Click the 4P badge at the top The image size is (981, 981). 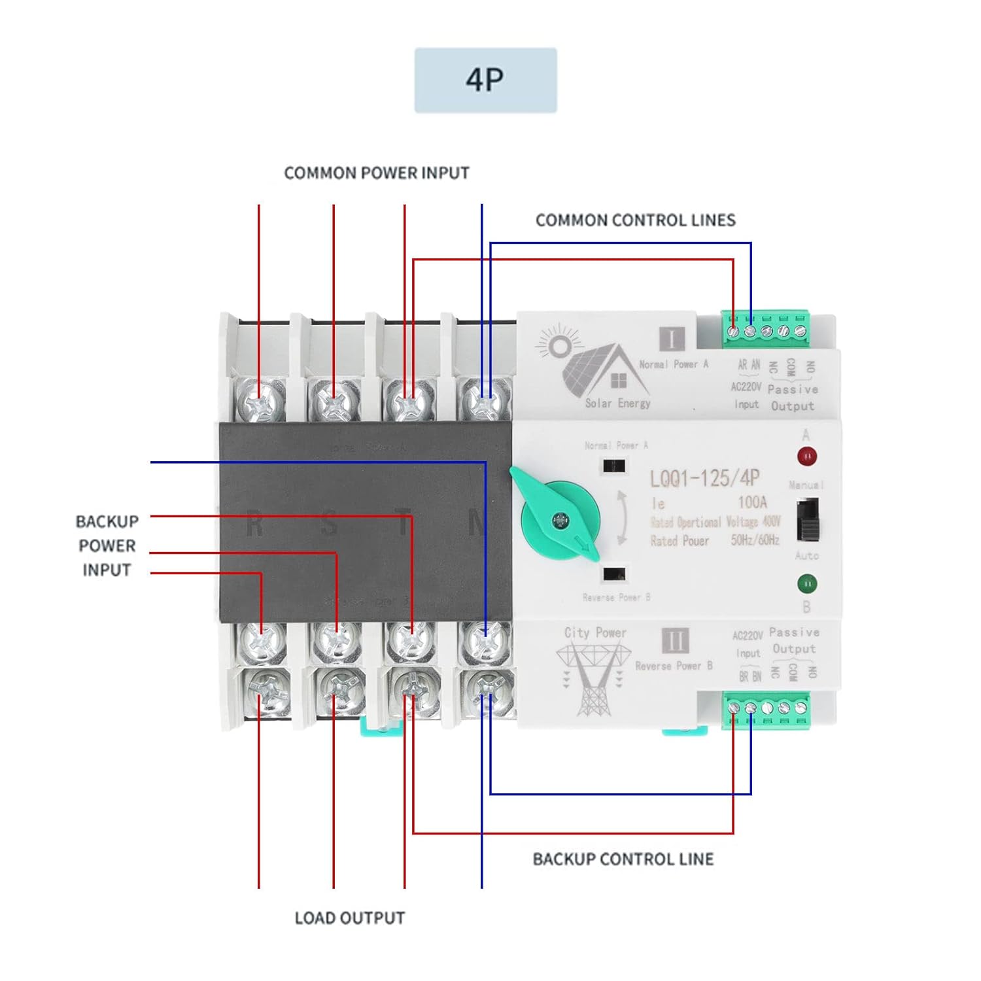(x=485, y=80)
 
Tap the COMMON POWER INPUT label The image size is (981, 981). (x=376, y=173)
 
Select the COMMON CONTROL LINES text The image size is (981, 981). (x=635, y=220)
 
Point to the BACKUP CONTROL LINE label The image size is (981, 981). (x=623, y=859)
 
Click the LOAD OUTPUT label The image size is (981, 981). (x=349, y=918)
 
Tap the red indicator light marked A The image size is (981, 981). (x=807, y=456)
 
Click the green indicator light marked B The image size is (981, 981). (x=807, y=583)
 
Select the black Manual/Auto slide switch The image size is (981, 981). (x=808, y=520)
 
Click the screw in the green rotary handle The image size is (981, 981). (x=560, y=521)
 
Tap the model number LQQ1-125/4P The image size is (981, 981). (x=704, y=479)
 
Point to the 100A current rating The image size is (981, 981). (x=752, y=502)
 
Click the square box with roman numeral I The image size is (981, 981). (x=672, y=339)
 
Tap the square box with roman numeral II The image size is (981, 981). (x=674, y=641)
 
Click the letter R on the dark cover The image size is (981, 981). (x=254, y=525)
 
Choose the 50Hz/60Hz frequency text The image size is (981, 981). (x=755, y=540)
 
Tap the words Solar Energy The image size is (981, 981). (x=617, y=404)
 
